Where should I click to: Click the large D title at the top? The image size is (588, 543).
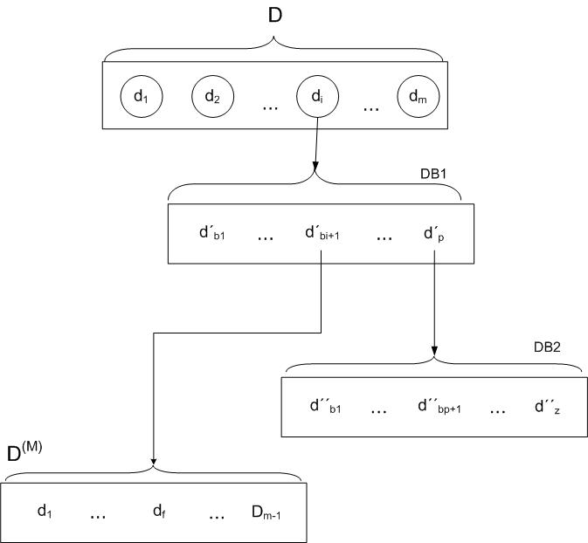pos(275,16)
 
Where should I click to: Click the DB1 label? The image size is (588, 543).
pos(433,174)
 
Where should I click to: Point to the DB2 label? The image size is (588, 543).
pos(547,347)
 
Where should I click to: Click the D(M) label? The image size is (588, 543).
pos(24,451)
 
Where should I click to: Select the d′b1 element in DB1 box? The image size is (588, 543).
pos(212,232)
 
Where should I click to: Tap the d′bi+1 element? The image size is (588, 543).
pos(322,232)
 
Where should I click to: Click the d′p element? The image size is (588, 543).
pos(434,233)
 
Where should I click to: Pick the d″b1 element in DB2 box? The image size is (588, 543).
pos(326,406)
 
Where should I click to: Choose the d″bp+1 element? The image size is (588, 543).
pos(439,406)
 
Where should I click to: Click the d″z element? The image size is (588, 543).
pos(547,406)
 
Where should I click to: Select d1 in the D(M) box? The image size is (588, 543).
pos(45,512)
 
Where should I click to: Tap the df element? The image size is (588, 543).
pos(159,512)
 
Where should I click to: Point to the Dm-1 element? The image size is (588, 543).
pos(266,512)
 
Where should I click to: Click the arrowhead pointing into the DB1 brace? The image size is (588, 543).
pos(315,166)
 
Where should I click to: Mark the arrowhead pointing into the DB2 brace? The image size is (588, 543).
pos(434,351)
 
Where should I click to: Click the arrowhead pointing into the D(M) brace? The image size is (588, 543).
pos(153,461)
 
